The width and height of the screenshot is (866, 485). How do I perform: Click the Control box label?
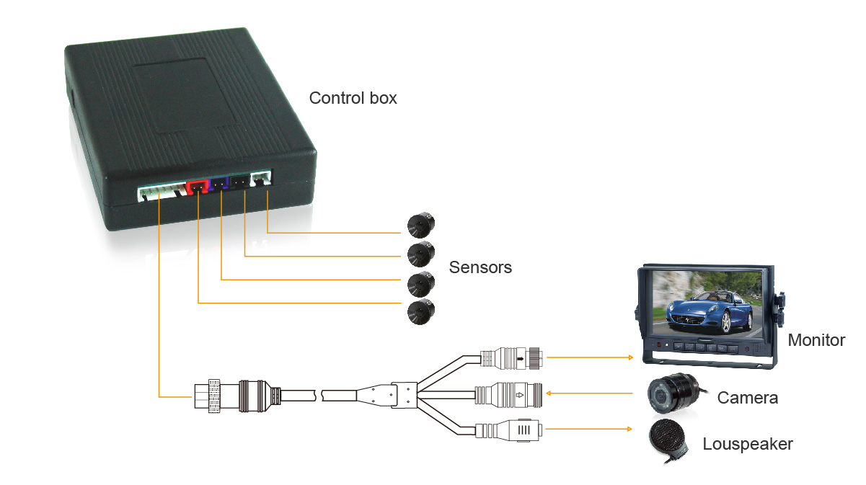click(x=353, y=98)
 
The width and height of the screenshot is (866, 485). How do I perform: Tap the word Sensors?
click(x=480, y=267)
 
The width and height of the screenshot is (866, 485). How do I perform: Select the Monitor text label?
click(x=816, y=340)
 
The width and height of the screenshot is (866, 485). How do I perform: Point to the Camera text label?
click(x=747, y=397)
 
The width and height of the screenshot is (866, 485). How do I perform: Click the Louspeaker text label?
click(x=748, y=444)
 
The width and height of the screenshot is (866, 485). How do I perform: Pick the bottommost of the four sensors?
click(x=420, y=311)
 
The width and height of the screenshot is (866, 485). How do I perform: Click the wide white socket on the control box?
click(x=159, y=193)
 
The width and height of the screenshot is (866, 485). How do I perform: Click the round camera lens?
click(x=665, y=395)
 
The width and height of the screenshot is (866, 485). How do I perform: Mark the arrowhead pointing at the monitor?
click(x=630, y=357)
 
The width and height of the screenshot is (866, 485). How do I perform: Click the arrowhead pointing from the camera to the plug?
click(x=549, y=393)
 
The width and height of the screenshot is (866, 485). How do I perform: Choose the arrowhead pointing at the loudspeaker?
click(x=630, y=430)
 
